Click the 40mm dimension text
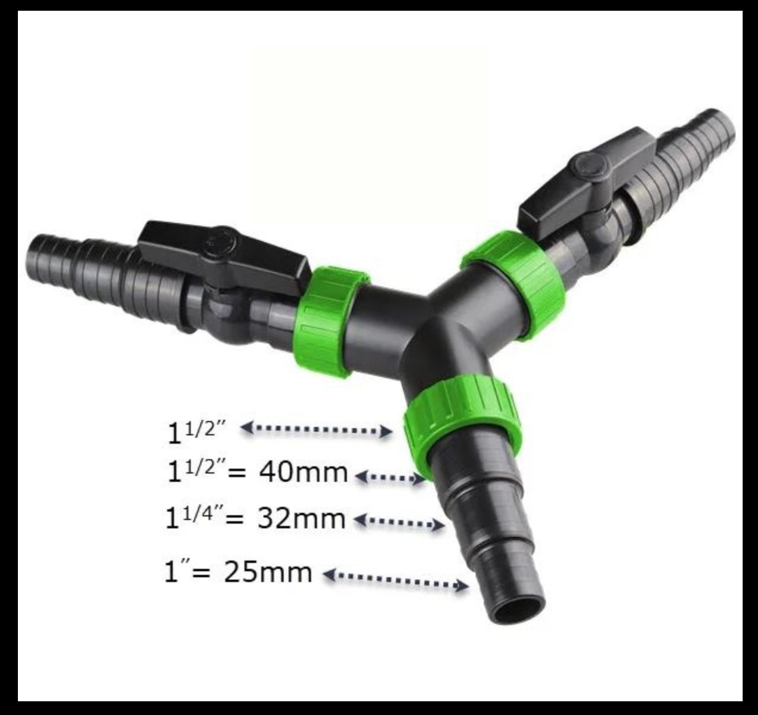[304, 473]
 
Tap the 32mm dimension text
[302, 519]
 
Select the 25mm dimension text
[268, 573]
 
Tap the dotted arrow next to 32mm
[399, 522]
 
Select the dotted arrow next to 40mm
[389, 477]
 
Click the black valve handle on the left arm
[225, 254]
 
